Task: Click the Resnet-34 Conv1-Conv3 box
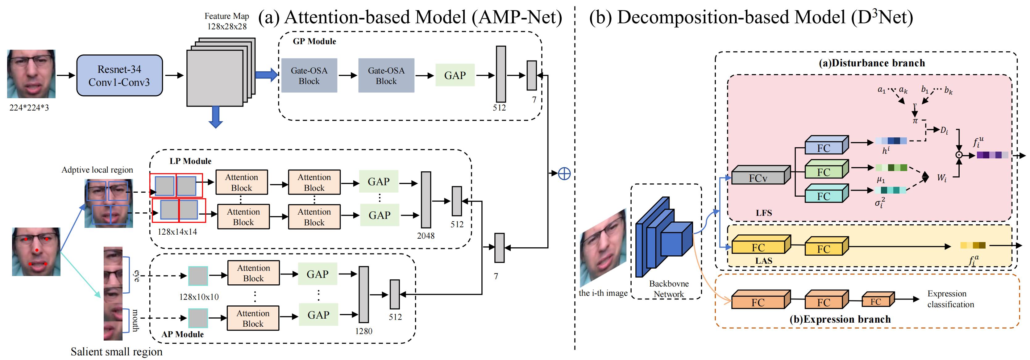[119, 76]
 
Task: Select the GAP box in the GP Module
[455, 75]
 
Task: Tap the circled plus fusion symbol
[564, 173]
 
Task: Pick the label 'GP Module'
[314, 41]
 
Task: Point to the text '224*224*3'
[29, 108]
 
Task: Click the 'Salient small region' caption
[116, 352]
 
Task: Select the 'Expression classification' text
[950, 299]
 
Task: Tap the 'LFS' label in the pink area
[764, 213]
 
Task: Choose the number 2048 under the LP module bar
[426, 236]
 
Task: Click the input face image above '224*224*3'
[31, 74]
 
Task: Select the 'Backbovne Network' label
[669, 289]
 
